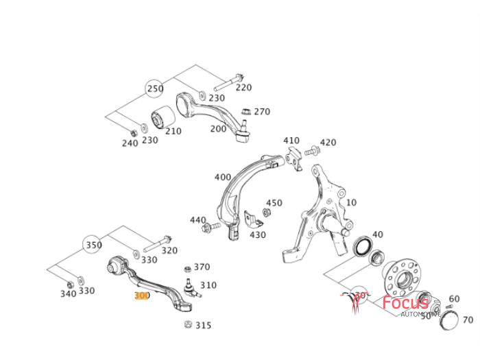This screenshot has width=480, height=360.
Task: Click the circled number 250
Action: (155, 88)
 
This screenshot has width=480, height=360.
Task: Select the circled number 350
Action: (93, 245)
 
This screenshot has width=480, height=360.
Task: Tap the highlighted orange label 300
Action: (142, 296)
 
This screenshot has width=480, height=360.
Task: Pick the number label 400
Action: (223, 177)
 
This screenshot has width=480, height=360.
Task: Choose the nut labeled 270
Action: (246, 111)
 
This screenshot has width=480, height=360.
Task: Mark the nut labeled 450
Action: (266, 211)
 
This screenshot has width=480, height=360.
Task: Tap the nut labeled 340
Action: (69, 283)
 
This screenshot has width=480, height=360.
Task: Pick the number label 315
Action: (203, 326)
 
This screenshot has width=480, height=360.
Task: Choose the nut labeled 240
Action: (132, 132)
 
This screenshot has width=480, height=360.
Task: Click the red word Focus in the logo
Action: (405, 302)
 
